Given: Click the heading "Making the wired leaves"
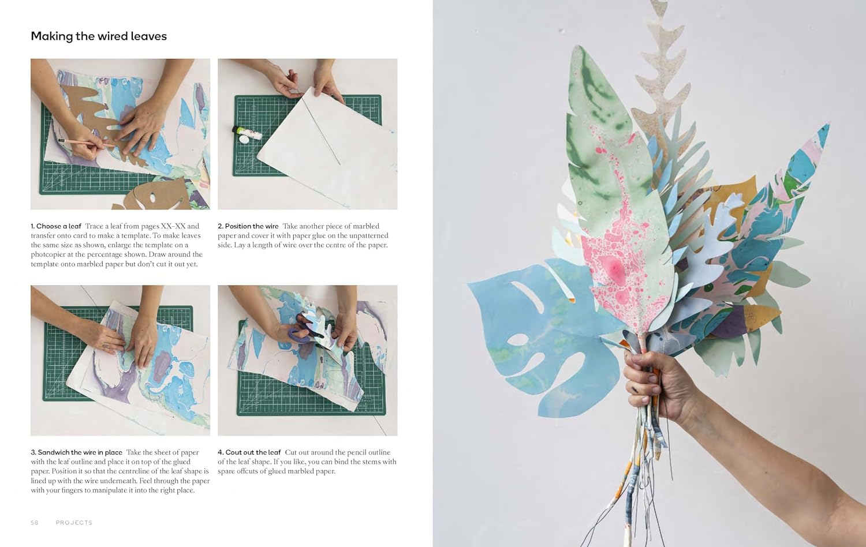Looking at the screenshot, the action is point(99,36).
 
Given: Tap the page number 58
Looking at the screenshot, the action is point(35,523).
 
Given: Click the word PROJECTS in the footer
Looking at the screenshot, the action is point(74,523).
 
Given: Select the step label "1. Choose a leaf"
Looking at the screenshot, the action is point(56,226).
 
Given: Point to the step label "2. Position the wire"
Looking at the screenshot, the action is point(248,226).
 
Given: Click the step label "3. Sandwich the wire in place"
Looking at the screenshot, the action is point(77,452).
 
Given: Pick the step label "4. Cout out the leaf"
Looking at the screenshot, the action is point(249,452).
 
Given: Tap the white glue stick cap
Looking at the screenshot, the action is point(244,140).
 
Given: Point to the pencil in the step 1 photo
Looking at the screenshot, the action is point(85,143).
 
